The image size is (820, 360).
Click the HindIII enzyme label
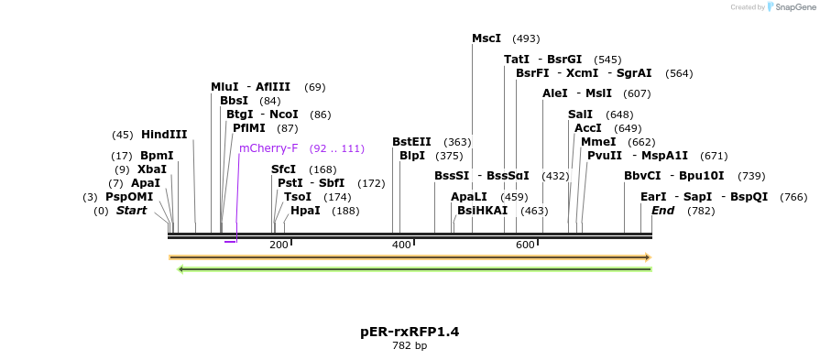click(x=164, y=135)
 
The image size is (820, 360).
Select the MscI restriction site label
click(x=487, y=38)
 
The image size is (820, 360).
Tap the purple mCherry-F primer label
click(x=268, y=148)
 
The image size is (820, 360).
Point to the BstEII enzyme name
click(x=411, y=142)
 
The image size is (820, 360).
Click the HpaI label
click(x=305, y=211)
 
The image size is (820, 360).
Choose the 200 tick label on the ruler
click(x=279, y=245)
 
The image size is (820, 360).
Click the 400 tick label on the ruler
click(x=401, y=245)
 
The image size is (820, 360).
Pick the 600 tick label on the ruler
click(x=525, y=245)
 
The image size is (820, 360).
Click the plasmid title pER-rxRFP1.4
click(x=410, y=331)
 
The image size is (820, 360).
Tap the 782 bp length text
click(x=410, y=346)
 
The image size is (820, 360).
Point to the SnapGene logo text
click(x=794, y=7)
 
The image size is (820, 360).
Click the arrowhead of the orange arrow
click(x=647, y=257)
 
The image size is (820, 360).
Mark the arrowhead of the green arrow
click(x=181, y=269)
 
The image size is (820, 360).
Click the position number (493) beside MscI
click(x=526, y=38)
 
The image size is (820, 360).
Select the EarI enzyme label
click(x=653, y=197)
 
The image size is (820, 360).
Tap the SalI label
click(x=580, y=115)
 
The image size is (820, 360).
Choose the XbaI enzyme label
click(x=152, y=169)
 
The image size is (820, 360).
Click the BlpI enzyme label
click(x=412, y=156)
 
